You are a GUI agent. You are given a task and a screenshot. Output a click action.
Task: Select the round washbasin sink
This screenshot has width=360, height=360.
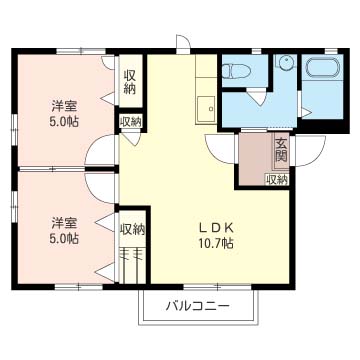tap(286, 63)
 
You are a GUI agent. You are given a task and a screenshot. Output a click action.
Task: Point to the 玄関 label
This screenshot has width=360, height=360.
tap(281, 150)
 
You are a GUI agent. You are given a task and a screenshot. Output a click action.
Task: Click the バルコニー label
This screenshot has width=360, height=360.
tap(198, 305)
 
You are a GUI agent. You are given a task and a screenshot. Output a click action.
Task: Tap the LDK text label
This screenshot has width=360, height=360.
tap(215, 228)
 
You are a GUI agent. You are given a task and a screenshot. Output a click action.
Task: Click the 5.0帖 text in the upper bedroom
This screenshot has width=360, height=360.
tap(64, 122)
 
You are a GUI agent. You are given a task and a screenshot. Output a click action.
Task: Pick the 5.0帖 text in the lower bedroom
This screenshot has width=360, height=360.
tap(64, 238)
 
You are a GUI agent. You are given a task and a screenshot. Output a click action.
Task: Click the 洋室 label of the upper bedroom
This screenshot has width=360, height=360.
tap(64, 107)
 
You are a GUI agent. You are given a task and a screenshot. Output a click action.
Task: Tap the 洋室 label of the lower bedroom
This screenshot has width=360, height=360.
tap(64, 223)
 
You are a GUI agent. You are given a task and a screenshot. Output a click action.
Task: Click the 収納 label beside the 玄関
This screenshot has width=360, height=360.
tap(277, 180)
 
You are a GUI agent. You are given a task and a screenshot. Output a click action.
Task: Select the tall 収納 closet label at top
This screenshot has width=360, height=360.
tap(130, 82)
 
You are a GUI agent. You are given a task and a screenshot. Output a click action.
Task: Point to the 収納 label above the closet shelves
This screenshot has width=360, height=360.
tap(132, 230)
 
